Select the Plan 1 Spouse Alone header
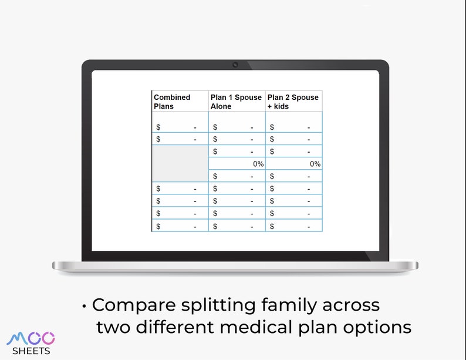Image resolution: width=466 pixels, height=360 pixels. [x=237, y=102]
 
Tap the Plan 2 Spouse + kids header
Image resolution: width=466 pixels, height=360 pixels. [x=293, y=102]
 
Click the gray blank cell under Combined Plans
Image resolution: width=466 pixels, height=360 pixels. [x=180, y=163]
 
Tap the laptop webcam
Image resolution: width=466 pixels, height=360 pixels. [x=235, y=65]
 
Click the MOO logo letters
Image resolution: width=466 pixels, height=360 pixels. [x=31, y=338]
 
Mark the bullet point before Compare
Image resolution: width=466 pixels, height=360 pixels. [x=85, y=306]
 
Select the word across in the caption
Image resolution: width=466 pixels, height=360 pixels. [x=353, y=305]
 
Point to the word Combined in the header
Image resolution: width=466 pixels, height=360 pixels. [x=172, y=97]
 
